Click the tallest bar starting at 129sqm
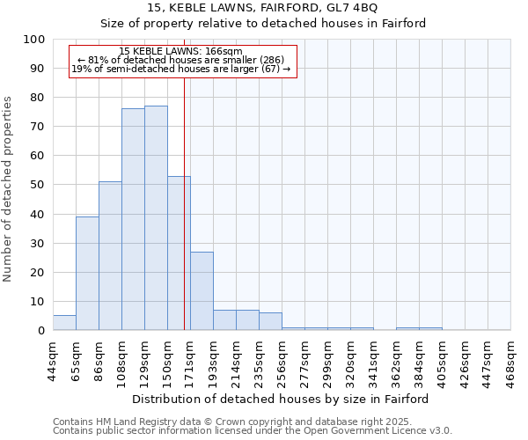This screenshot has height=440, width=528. [156, 218]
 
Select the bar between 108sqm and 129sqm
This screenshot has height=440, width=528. [133, 220]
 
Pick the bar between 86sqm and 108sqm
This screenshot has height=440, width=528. [110, 256]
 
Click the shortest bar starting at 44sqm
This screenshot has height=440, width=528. [64, 323]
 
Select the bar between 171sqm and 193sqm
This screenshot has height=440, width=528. [202, 291]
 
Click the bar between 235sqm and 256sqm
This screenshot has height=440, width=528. [270, 321]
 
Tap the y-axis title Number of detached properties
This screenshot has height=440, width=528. [9, 189]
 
